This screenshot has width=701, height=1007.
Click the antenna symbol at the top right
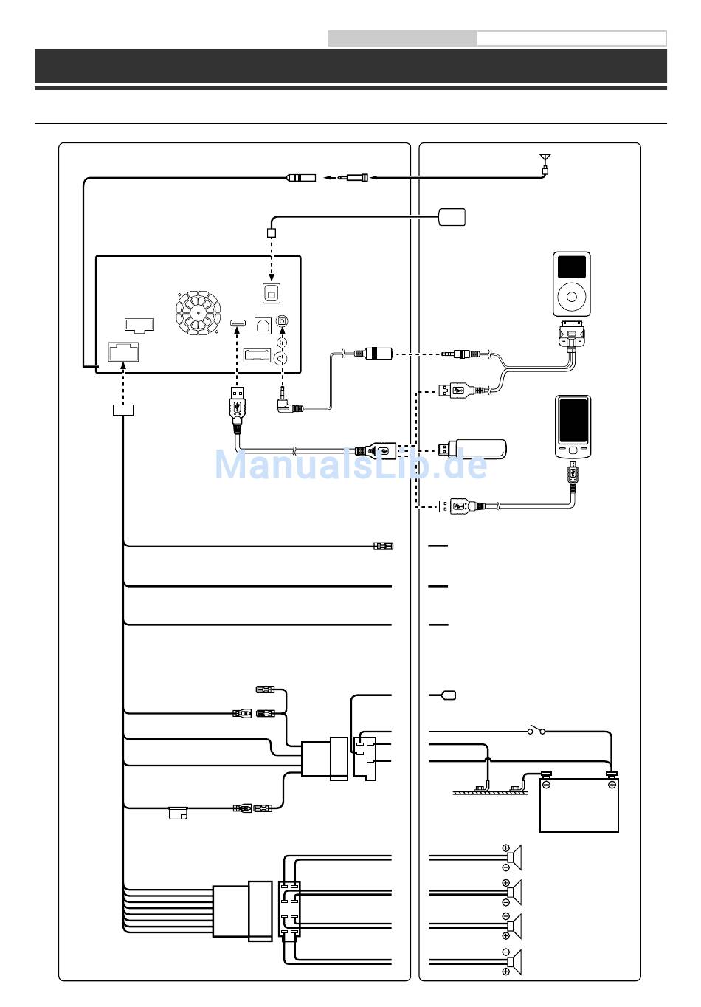(545, 159)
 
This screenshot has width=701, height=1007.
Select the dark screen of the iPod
(571, 267)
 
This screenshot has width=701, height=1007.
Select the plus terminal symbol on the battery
(612, 785)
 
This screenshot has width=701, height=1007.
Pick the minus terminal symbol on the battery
(547, 785)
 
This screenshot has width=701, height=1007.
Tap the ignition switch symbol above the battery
(536, 732)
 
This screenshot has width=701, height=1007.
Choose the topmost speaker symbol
(515, 856)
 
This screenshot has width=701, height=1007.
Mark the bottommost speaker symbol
(515, 961)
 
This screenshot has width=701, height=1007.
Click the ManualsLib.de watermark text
(350, 465)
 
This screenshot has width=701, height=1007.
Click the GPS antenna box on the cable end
(452, 216)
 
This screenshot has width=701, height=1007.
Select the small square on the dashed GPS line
(272, 233)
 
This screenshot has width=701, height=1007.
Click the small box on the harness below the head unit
(123, 410)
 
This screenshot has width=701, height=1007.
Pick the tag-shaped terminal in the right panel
(447, 695)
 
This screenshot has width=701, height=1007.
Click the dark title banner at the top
(350, 66)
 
